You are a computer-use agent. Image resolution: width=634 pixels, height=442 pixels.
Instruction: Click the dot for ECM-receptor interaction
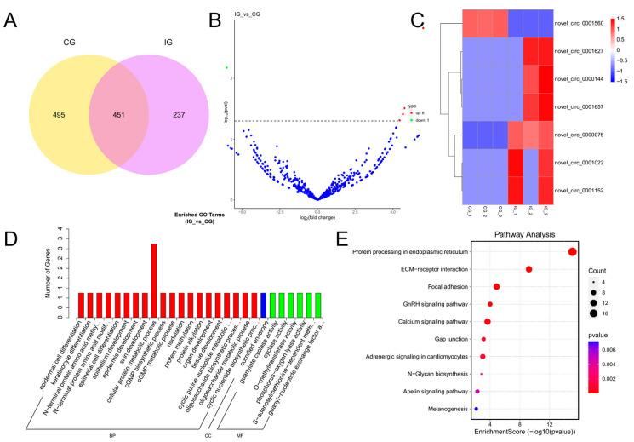[x=529, y=269]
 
